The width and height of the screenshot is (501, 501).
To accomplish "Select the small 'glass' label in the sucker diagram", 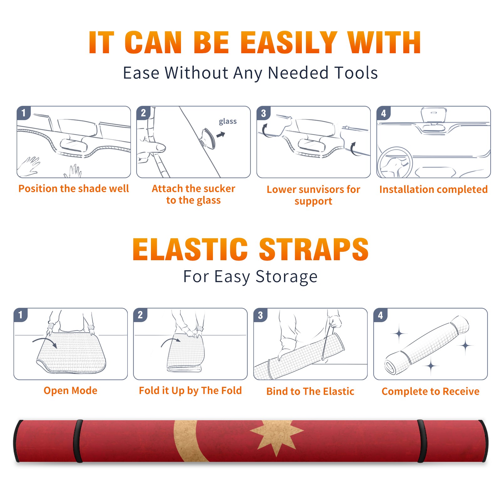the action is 228,121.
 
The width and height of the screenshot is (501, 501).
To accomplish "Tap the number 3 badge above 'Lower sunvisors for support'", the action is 263,113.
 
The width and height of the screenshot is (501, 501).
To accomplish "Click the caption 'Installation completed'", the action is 433,189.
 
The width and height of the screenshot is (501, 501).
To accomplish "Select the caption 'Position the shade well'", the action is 74,189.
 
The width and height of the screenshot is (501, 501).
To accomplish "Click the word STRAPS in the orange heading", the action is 314,249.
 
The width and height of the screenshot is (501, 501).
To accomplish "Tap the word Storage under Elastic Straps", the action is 287,277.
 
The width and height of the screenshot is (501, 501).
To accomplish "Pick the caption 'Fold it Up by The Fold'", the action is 190,390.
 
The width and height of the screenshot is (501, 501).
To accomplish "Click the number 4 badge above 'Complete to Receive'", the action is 380,315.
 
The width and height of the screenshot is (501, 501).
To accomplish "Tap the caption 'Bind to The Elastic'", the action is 310,391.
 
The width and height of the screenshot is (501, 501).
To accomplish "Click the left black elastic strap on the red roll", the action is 78,441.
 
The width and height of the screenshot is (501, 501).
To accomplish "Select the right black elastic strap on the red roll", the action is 421,441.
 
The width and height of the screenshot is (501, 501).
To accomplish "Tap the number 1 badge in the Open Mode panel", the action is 21,315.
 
